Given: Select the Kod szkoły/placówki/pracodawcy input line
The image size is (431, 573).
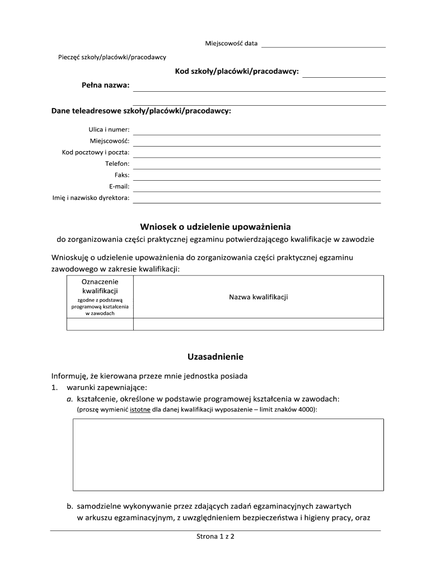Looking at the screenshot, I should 344,74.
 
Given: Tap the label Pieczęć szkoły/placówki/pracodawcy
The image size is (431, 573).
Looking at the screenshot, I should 113,57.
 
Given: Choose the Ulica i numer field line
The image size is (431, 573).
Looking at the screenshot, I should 256,131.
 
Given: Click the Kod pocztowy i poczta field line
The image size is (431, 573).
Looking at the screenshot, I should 256,154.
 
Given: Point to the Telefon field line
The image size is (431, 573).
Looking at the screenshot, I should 256,166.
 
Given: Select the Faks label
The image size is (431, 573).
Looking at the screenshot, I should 122,175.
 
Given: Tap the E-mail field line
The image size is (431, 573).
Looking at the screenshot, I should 256,188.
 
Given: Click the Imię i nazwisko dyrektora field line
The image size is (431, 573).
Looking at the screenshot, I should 256,200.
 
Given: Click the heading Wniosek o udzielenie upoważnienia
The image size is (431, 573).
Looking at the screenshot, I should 215,227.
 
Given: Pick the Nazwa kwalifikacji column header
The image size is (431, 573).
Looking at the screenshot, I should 258,297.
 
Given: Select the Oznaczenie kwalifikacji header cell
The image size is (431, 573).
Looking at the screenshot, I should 100,297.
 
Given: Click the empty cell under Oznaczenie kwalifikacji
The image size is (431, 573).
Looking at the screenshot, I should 100,324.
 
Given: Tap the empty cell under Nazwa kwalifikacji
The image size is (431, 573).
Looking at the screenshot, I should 258,324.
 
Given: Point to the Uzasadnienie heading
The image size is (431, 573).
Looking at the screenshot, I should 215,356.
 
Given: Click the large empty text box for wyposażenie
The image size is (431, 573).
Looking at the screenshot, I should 228,454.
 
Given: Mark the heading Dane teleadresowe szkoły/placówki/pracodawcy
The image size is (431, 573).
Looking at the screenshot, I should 141,111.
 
